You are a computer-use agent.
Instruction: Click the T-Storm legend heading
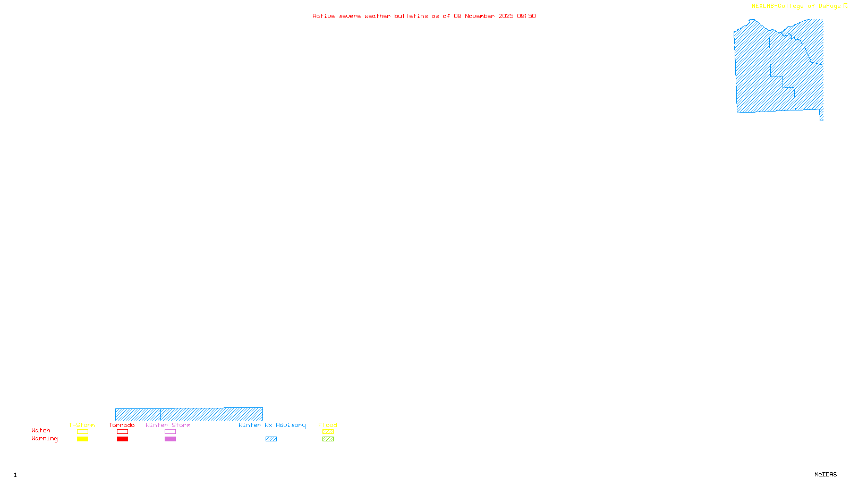(x=82, y=425)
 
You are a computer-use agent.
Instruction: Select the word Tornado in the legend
(x=122, y=425)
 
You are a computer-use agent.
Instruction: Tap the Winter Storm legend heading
(x=168, y=425)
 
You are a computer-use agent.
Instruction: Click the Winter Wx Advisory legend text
(x=272, y=425)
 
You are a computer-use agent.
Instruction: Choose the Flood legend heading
(x=328, y=425)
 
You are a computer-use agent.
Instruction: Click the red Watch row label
(x=41, y=430)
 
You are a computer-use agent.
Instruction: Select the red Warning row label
(x=45, y=439)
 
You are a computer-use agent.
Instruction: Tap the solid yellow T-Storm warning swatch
(x=82, y=439)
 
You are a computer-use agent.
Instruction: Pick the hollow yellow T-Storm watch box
(x=82, y=432)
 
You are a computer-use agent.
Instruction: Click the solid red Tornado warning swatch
(x=122, y=439)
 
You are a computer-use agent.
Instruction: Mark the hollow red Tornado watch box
(x=122, y=432)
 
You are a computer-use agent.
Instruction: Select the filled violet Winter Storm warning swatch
(x=170, y=439)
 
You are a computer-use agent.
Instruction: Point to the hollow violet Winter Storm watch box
(x=170, y=432)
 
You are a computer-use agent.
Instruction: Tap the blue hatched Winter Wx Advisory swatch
(x=271, y=439)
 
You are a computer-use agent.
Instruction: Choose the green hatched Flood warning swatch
(x=328, y=439)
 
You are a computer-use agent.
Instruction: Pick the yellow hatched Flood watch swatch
(x=328, y=432)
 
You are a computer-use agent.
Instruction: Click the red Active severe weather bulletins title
(x=424, y=16)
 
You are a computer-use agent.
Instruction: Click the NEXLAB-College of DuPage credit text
(x=796, y=6)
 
